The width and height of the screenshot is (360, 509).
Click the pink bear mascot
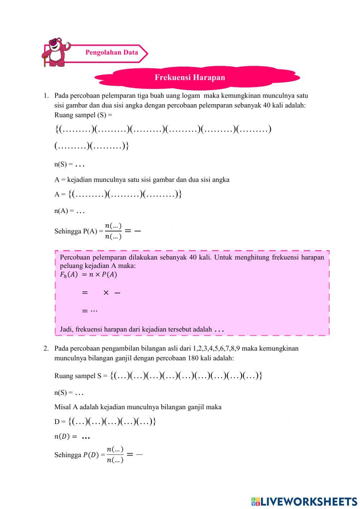tap(56, 52)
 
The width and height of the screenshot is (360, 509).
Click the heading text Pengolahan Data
tap(112, 53)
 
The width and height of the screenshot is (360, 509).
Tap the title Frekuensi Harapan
tap(190, 77)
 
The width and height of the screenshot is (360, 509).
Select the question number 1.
tap(46, 96)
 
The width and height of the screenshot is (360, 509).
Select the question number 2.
tap(46, 348)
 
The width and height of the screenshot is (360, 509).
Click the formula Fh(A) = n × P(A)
tap(89, 274)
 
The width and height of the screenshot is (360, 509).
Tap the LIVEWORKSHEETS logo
tap(304, 501)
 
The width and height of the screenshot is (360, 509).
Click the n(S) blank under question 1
tap(80, 165)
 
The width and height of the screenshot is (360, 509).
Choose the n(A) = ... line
tap(69, 211)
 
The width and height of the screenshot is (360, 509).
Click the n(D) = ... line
tap(72, 437)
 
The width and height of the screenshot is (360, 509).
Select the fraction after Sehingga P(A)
tap(113, 231)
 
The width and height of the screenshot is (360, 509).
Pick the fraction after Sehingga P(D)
tap(115, 455)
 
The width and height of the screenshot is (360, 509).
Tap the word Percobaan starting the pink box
tap(75, 257)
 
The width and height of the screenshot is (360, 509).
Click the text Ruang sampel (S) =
tap(83, 115)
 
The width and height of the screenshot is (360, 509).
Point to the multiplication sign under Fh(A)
tap(106, 293)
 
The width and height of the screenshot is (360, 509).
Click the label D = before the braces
tap(60, 421)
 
